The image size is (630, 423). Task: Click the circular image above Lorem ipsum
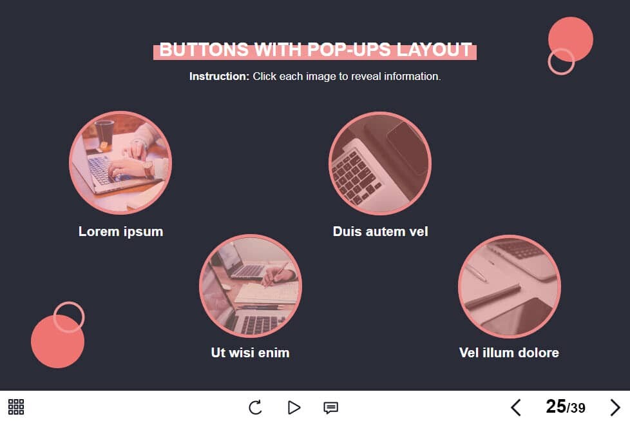pyautogui.click(x=120, y=163)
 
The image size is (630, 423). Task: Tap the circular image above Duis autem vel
pyautogui.click(x=380, y=163)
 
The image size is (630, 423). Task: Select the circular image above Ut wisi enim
pyautogui.click(x=251, y=286)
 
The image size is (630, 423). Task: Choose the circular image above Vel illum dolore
pyautogui.click(x=510, y=286)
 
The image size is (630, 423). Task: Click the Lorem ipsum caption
pyautogui.click(x=121, y=231)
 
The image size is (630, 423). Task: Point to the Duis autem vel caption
pyautogui.click(x=381, y=231)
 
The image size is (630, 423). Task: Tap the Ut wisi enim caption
pyautogui.click(x=251, y=353)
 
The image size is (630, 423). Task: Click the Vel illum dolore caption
pyautogui.click(x=509, y=353)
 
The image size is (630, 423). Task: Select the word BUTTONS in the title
pyautogui.click(x=204, y=50)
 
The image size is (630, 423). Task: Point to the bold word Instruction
pyautogui.click(x=220, y=76)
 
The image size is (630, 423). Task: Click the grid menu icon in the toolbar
pyautogui.click(x=16, y=407)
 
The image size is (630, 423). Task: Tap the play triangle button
pyautogui.click(x=294, y=408)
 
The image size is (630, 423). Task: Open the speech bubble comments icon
pyautogui.click(x=330, y=408)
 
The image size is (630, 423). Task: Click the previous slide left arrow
pyautogui.click(x=516, y=408)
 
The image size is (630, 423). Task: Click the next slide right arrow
pyautogui.click(x=615, y=408)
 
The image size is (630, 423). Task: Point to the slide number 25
pyautogui.click(x=556, y=406)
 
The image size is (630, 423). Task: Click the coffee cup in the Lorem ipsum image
pyautogui.click(x=104, y=132)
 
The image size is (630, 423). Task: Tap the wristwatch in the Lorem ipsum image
pyautogui.click(x=148, y=168)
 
